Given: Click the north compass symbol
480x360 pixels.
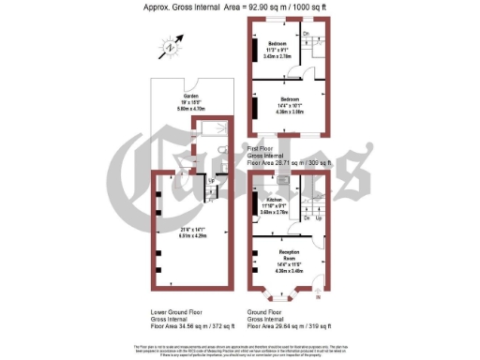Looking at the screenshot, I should [170, 47].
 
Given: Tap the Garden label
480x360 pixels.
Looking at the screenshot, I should [191, 97].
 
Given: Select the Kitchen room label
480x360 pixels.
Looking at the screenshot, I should [274, 199].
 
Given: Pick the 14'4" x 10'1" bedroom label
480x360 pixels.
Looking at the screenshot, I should [288, 98].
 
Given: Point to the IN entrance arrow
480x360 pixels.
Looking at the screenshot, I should [317, 298].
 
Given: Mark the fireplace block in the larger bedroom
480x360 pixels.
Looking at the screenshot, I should [254, 108].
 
